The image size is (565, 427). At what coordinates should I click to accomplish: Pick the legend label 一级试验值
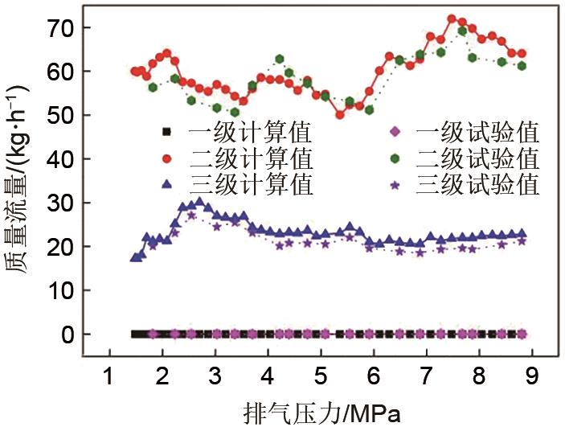[x=477, y=131]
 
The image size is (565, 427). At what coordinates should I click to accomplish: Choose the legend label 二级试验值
[x=477, y=158]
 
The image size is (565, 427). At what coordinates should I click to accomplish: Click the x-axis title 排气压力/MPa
[x=321, y=411]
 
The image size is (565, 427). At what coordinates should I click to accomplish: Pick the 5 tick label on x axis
[x=321, y=375]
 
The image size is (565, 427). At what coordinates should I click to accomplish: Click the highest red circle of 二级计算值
[x=452, y=18]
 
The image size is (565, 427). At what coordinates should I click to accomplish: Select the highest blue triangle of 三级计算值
[x=199, y=203]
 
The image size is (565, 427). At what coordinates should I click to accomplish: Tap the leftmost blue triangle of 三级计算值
[x=134, y=257]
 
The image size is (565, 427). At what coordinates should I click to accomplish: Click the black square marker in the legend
[x=166, y=131]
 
